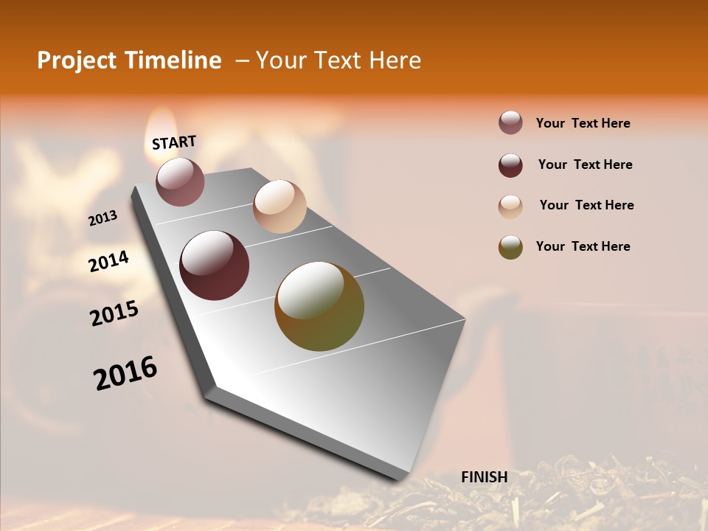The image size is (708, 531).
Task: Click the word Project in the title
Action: pyautogui.click(x=77, y=60)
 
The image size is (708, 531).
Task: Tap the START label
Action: pyautogui.click(x=174, y=142)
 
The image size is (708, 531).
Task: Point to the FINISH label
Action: pyautogui.click(x=485, y=477)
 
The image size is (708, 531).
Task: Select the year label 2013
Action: pyautogui.click(x=103, y=218)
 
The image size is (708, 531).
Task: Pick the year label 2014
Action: pyautogui.click(x=108, y=262)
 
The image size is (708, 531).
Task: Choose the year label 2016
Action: pyautogui.click(x=125, y=373)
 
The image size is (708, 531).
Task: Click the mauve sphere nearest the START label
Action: pyautogui.click(x=180, y=181)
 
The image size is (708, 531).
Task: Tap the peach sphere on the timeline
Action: pyautogui.click(x=280, y=206)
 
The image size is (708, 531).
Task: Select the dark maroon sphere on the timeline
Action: pyautogui.click(x=215, y=265)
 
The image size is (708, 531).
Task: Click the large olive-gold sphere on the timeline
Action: pyautogui.click(x=319, y=306)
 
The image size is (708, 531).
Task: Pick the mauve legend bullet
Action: pyautogui.click(x=510, y=122)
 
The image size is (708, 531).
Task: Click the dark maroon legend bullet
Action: pyautogui.click(x=510, y=165)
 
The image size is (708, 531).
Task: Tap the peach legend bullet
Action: pyautogui.click(x=510, y=206)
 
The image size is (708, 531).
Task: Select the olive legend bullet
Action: pyautogui.click(x=510, y=247)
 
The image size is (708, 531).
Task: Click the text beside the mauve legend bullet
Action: pyautogui.click(x=583, y=123)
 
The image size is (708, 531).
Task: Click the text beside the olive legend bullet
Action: pyautogui.click(x=583, y=246)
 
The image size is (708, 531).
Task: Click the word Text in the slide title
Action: pyautogui.click(x=336, y=60)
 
